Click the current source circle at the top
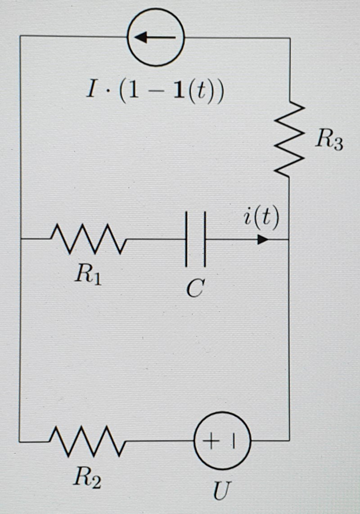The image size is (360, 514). point(156,37)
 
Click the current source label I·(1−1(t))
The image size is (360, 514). point(156,92)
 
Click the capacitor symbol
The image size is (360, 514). point(196,239)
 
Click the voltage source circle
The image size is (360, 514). point(222,441)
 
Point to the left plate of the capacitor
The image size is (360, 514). point(186,239)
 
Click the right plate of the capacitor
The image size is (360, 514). point(205,239)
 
